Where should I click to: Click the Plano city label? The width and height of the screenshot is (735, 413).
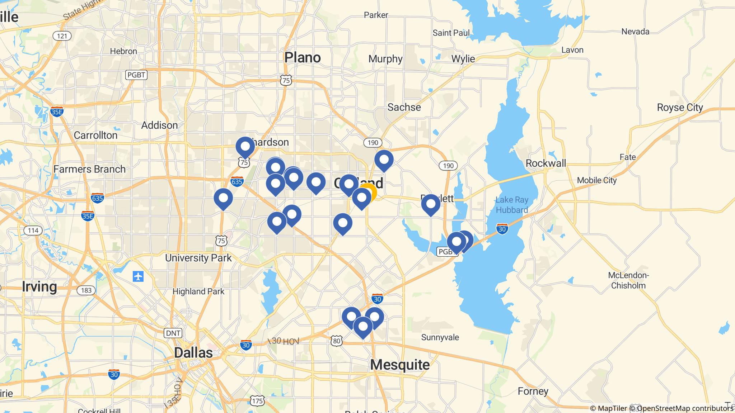[x=303, y=57]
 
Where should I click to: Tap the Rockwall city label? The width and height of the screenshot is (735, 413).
[x=546, y=163]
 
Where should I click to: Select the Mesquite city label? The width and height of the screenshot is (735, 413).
[x=400, y=365]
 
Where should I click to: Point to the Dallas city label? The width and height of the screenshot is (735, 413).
[x=193, y=352]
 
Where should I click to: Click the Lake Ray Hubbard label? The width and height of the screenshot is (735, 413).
[x=511, y=205]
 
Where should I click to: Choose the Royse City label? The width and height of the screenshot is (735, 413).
[x=680, y=108]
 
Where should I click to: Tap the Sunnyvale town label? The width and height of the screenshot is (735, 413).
[x=440, y=337]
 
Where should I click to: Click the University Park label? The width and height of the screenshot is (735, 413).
[x=198, y=258]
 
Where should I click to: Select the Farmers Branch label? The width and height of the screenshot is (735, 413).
[x=89, y=169]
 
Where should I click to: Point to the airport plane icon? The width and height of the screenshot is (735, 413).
[x=138, y=276]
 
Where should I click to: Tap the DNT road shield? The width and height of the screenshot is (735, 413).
[x=173, y=333]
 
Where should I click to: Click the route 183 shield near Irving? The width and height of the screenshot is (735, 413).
[x=86, y=290]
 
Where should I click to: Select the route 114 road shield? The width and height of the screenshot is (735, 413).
[x=33, y=231]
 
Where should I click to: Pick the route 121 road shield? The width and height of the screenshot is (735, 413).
[x=62, y=36]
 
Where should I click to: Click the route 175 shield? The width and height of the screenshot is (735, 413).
[x=257, y=401]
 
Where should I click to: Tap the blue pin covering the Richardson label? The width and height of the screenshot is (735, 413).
[x=245, y=147]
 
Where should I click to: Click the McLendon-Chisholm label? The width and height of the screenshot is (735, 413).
[x=628, y=280]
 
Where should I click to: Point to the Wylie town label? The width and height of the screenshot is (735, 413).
[x=463, y=59]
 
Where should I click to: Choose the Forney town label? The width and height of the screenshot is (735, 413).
[x=533, y=391]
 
